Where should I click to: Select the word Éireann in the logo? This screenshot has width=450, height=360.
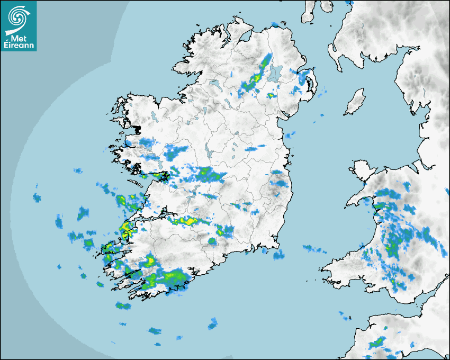[x=19, y=46]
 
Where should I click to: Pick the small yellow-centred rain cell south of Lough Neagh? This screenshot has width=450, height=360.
[x=271, y=95]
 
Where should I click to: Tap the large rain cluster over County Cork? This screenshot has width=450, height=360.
[x=161, y=277]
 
